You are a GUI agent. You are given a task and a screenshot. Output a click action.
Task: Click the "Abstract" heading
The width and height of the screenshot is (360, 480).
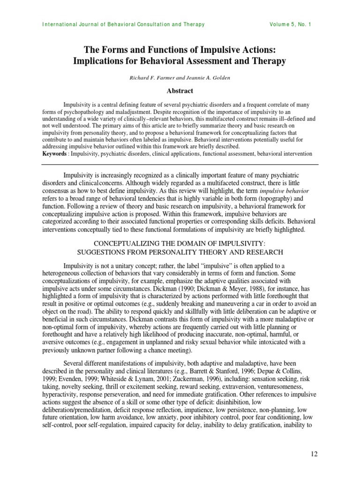(180, 91)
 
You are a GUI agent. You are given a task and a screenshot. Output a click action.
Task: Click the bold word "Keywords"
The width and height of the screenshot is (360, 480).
(54, 154)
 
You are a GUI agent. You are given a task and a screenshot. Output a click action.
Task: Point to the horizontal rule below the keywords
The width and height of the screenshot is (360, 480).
(180, 164)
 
